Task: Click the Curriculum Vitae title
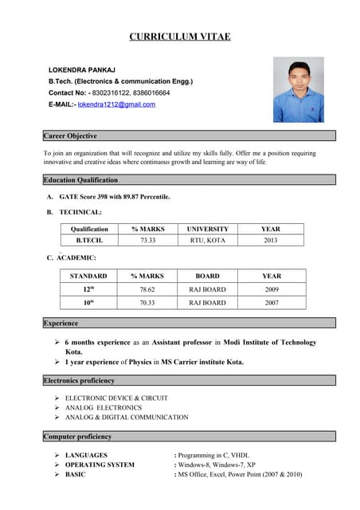pyautogui.click(x=180, y=37)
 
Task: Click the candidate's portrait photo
pyautogui.click(x=298, y=89)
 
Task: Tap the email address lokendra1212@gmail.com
pyautogui.click(x=116, y=104)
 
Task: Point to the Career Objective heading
pyautogui.click(x=70, y=136)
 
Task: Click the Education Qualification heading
pyautogui.click(x=80, y=180)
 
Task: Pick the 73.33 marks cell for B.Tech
pyautogui.click(x=147, y=240)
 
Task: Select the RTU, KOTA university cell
pyautogui.click(x=207, y=240)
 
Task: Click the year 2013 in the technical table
pyautogui.click(x=270, y=240)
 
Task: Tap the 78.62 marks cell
pyautogui.click(x=147, y=290)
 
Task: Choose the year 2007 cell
pyautogui.click(x=272, y=303)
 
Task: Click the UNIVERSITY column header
pyautogui.click(x=207, y=229)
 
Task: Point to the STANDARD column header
pyautogui.click(x=88, y=276)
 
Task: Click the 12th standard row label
pyautogui.click(x=88, y=290)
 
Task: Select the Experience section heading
pyautogui.click(x=61, y=324)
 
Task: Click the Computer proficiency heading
pyautogui.click(x=77, y=437)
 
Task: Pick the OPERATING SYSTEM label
pyautogui.click(x=100, y=465)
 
